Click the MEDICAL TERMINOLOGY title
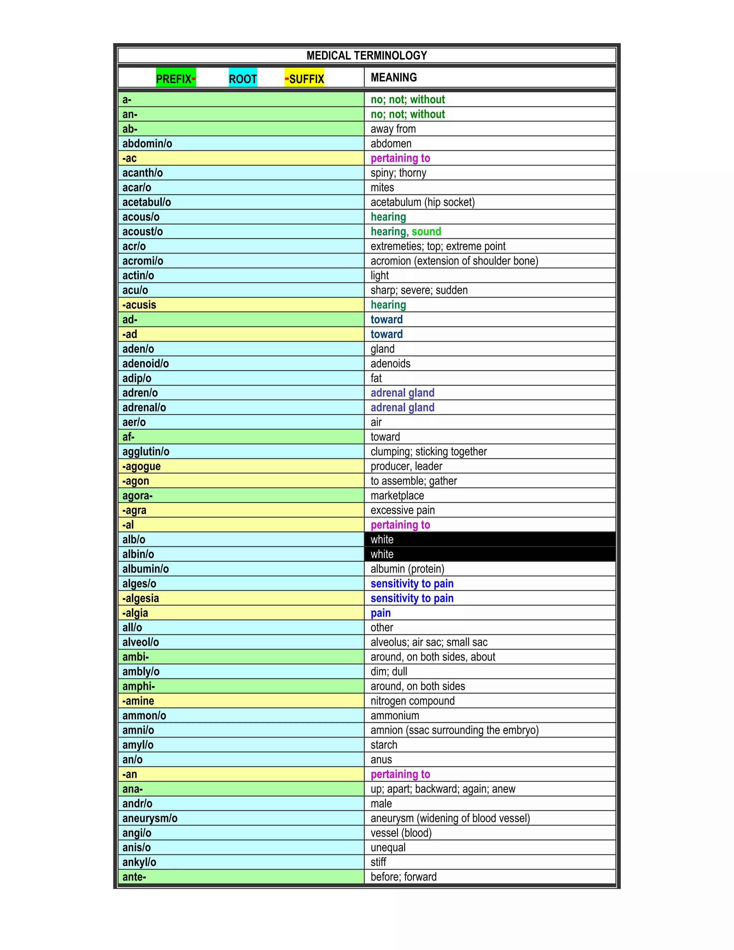[367, 56]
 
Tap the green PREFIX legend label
[176, 79]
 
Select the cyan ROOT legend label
[243, 79]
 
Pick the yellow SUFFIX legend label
[304, 79]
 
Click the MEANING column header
[394, 77]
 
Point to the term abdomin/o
[147, 143]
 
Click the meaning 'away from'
[393, 129]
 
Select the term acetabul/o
[147, 202]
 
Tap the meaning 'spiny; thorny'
[398, 173]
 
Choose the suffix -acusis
[139, 305]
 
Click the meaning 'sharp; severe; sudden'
[419, 290]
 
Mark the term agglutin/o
[146, 451]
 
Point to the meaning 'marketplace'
[397, 495]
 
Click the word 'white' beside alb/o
[382, 540]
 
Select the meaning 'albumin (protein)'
[407, 569]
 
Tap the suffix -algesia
[140, 598]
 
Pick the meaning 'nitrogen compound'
[412, 701]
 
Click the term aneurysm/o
[149, 818]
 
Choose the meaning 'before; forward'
[403, 877]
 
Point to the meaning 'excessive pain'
[402, 510]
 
